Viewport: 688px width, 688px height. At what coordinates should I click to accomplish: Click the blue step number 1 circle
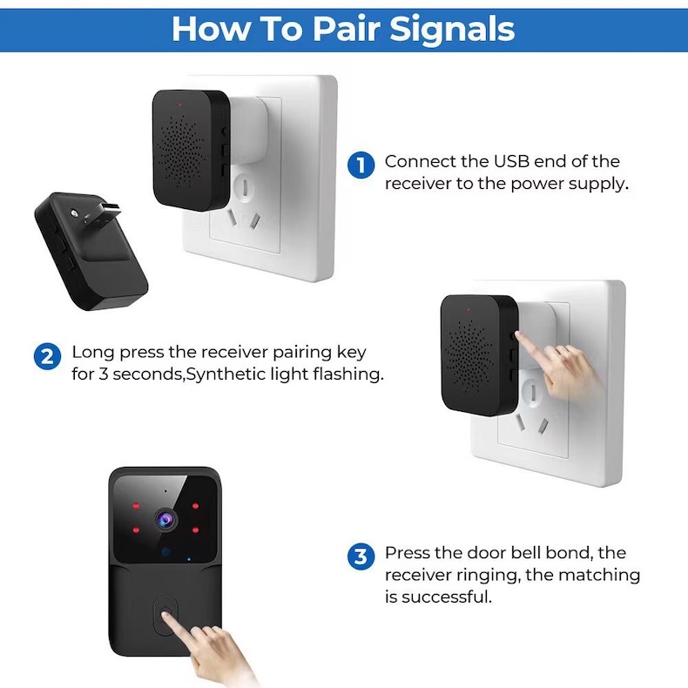click(x=361, y=165)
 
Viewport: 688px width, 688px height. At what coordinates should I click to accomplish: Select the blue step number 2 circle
click(x=47, y=356)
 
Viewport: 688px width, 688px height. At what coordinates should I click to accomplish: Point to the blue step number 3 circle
click(x=361, y=556)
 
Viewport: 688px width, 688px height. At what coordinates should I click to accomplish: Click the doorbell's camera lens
click(x=164, y=520)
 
